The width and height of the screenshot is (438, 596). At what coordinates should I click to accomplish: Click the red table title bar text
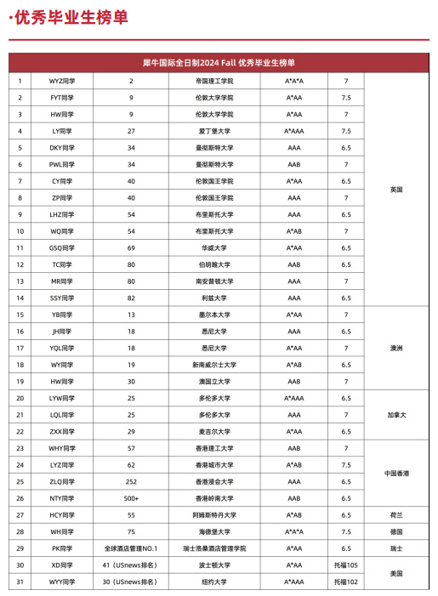219,62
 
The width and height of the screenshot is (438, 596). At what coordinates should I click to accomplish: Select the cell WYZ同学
62,81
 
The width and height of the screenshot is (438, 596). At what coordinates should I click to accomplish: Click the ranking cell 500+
131,497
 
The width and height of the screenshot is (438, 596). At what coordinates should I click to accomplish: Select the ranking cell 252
131,481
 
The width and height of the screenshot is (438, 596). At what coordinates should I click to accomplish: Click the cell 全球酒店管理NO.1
131,548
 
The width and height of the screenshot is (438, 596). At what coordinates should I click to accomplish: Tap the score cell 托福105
346,565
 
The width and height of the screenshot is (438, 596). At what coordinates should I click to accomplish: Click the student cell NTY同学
62,497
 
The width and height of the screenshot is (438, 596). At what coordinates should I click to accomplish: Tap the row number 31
20,582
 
